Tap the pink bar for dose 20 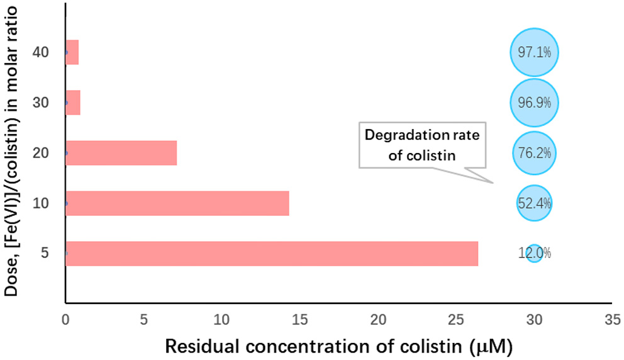[x=121, y=153]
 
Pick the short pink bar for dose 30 [x=73, y=103]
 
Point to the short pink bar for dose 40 [x=72, y=52]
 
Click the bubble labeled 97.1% [x=534, y=52]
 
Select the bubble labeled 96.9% [x=534, y=103]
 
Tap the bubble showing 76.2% [x=534, y=153]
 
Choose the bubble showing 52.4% [x=534, y=203]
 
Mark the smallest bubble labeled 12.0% [x=534, y=254]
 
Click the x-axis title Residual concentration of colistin [x=338, y=346]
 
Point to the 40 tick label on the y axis [x=42, y=52]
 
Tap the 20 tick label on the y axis [x=42, y=153]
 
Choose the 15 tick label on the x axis [x=299, y=320]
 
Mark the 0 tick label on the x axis [x=65, y=320]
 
